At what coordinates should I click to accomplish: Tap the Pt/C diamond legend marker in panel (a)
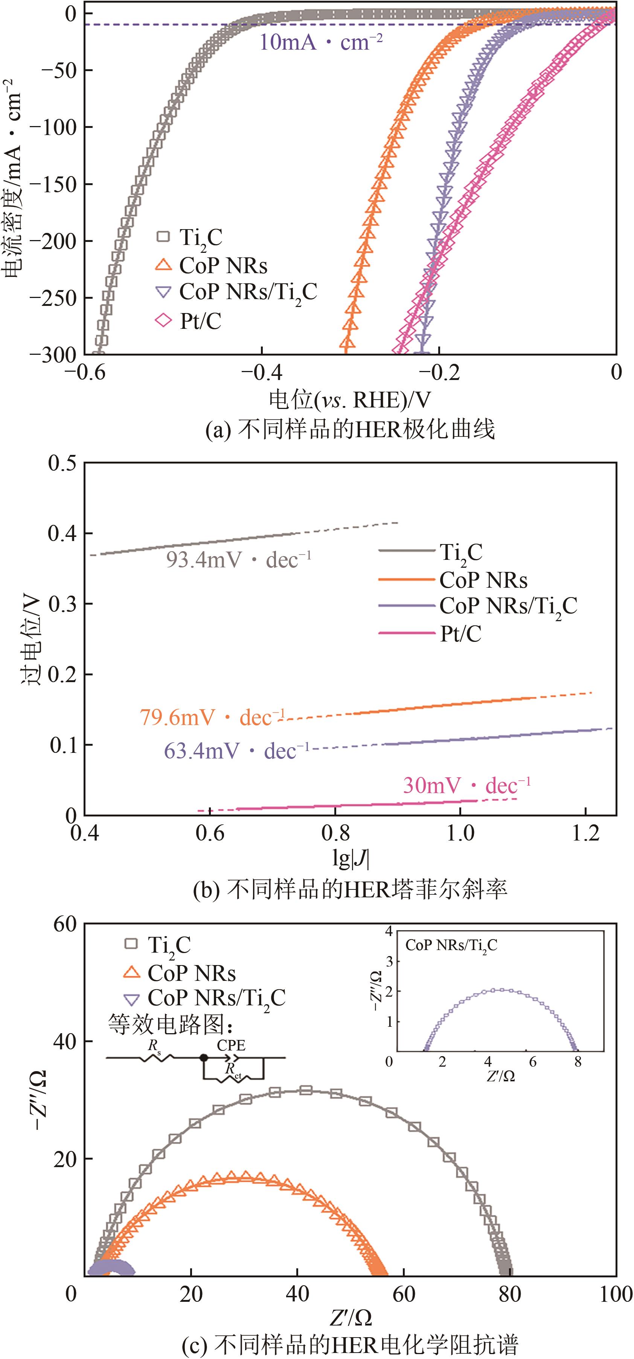(164, 320)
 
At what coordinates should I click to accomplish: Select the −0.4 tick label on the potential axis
(262, 372)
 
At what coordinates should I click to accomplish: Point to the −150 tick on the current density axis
(53, 184)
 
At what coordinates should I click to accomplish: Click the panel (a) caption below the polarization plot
(350, 430)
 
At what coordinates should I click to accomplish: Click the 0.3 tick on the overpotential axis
(62, 604)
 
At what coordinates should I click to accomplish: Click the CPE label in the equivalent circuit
(231, 1045)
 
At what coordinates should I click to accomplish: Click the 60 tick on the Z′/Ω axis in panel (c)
(404, 1294)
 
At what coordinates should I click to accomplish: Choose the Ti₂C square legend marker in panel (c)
(131, 944)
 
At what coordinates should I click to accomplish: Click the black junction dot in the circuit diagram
(204, 1058)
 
